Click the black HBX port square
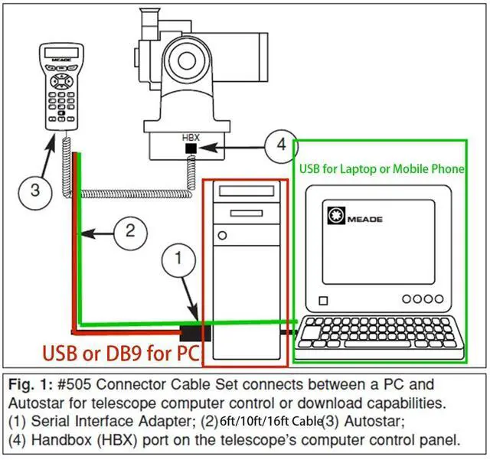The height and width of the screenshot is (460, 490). tap(191, 148)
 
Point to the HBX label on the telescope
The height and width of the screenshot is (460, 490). tap(190, 136)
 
